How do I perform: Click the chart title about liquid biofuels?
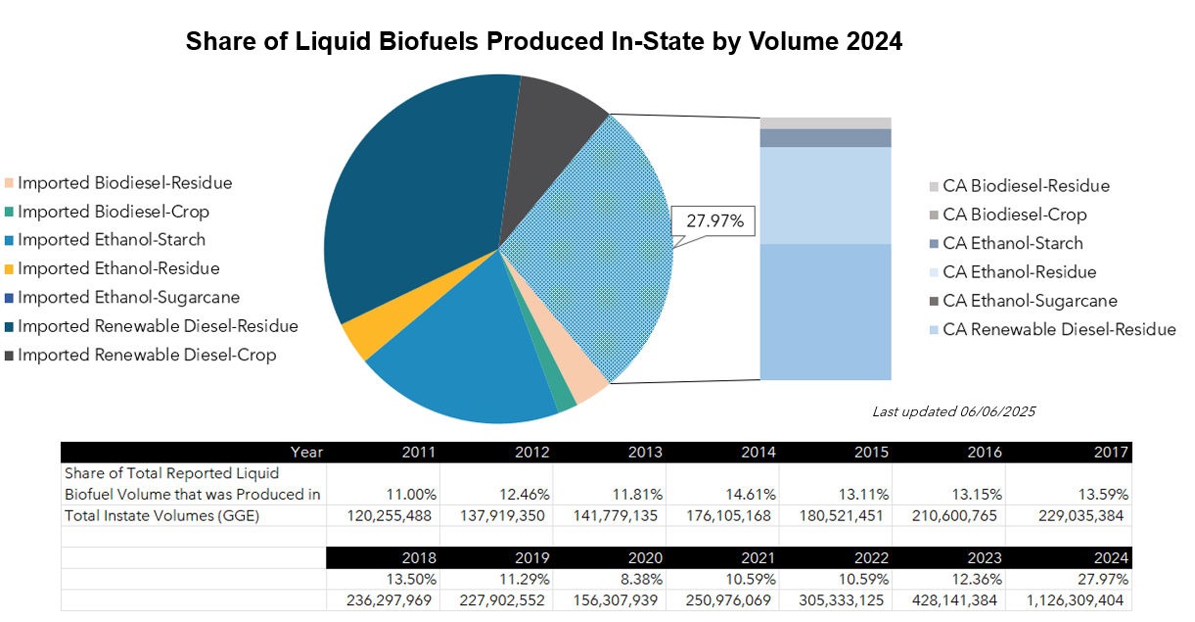pos(543,43)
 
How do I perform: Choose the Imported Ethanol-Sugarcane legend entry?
pos(128,297)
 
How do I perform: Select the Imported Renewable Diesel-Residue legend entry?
pos(158,326)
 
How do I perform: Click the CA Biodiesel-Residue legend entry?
pos(1026,186)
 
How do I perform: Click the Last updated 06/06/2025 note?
pos(953,411)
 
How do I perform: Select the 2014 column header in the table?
pos(758,453)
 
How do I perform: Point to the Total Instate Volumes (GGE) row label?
pos(161,515)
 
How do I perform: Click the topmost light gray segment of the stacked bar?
pos(825,122)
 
